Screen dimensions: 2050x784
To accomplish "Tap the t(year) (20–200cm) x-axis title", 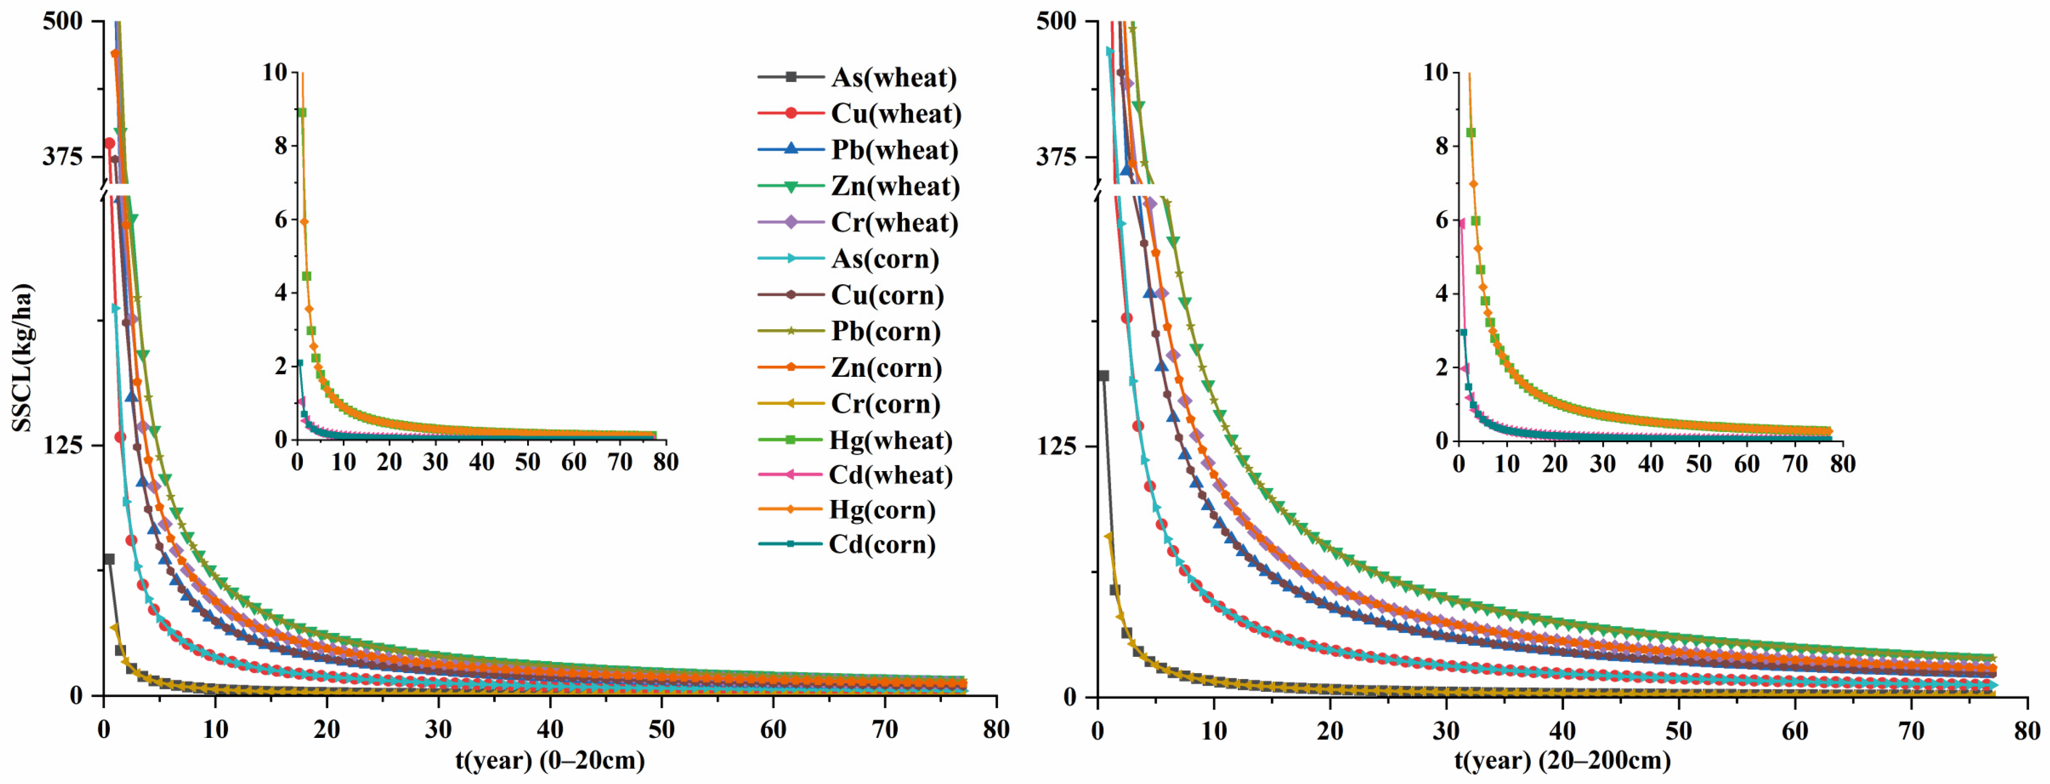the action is point(1563,760).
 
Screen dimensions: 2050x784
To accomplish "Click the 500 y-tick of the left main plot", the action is point(63,21).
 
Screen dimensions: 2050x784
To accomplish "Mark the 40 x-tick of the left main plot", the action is point(550,729).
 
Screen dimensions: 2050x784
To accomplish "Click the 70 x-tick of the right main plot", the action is point(1911,729).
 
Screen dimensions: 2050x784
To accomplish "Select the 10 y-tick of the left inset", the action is point(274,72).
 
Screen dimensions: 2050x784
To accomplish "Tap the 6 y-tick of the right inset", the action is point(1441,220).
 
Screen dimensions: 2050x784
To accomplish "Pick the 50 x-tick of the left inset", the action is point(528,462).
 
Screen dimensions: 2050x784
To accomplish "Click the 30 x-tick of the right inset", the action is point(1603,463).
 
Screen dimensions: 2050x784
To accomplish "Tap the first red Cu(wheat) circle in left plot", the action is point(109,143).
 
